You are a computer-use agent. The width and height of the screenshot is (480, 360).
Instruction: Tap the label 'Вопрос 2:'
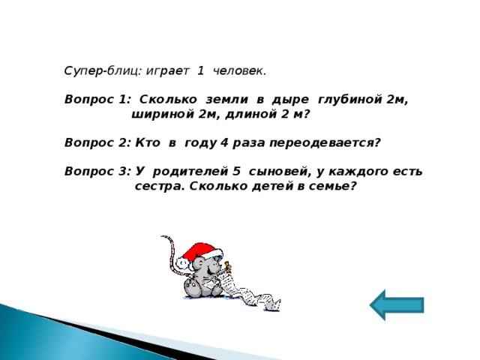pos(97,142)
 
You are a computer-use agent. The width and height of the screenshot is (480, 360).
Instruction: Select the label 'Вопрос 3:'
pos(97,171)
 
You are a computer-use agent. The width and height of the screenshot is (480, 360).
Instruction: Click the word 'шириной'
pos(159,115)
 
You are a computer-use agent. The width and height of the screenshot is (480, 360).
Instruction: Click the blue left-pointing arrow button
pos(397,304)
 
